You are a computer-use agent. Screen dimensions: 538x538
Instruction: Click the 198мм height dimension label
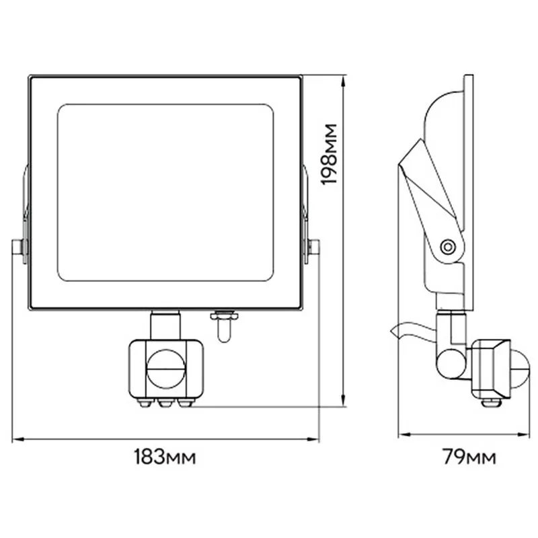tap(329, 154)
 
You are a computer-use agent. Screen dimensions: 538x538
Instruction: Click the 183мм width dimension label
tap(165, 457)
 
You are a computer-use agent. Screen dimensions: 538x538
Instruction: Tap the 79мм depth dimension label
tap(469, 457)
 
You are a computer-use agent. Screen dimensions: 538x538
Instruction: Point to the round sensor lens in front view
tap(166, 369)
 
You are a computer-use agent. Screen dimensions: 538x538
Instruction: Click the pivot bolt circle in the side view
tap(447, 246)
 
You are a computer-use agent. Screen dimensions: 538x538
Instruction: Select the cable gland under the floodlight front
tap(225, 325)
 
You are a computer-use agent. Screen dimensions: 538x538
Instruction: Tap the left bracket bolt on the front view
tap(20, 247)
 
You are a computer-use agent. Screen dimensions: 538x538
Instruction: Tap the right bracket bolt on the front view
tap(312, 247)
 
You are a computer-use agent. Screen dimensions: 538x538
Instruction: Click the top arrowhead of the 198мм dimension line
tap(343, 81)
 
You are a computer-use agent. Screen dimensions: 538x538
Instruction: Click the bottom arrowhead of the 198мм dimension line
tap(343, 400)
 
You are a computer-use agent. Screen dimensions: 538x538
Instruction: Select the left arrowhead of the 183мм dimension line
tap(18, 439)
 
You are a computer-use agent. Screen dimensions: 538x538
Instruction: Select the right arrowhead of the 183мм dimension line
tap(313, 439)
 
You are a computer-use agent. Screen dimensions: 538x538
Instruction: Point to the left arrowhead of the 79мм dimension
tap(405, 434)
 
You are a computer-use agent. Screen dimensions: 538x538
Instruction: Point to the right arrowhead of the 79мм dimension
tap(523, 434)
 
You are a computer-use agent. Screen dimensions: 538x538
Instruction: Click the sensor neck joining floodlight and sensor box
tap(165, 325)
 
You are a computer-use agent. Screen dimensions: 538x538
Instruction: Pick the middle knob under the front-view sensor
tap(165, 403)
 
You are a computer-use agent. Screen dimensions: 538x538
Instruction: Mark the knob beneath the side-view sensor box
tap(491, 402)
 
